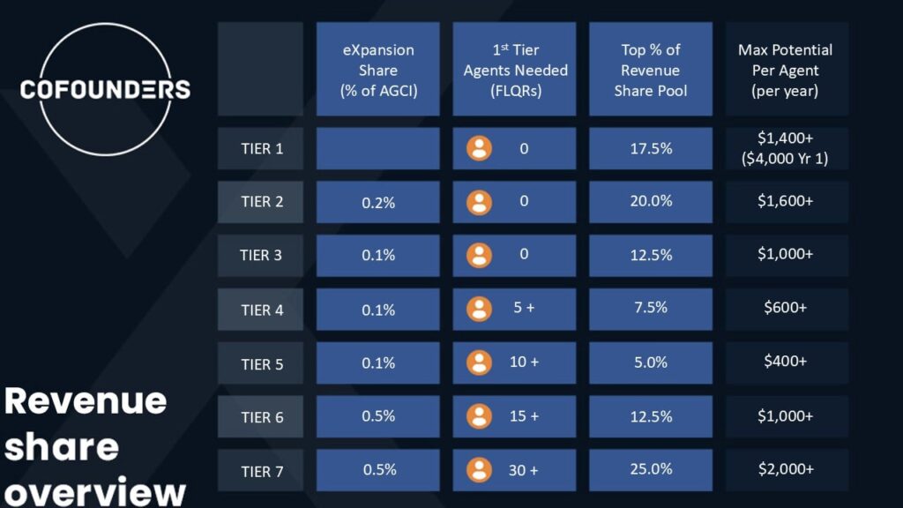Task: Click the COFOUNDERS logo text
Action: click(x=105, y=89)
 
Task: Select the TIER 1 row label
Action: click(x=262, y=148)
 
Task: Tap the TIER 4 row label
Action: click(x=262, y=310)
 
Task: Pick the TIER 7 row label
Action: click(x=262, y=471)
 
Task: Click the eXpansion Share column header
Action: click(x=377, y=70)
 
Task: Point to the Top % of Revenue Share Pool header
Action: click(x=650, y=70)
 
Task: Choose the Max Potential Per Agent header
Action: click(x=785, y=70)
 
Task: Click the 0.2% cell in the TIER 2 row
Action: click(x=377, y=202)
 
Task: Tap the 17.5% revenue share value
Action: click(x=651, y=148)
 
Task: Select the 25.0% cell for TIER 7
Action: click(x=651, y=469)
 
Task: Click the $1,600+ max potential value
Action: click(x=785, y=201)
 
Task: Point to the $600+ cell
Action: click(x=785, y=308)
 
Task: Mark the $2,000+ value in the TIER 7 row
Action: click(x=785, y=469)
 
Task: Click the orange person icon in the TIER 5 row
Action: click(x=479, y=362)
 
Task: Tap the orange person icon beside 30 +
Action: click(x=479, y=470)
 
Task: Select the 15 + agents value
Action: click(x=524, y=416)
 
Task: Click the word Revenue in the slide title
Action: click(x=86, y=400)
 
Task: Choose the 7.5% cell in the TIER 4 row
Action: click(x=651, y=308)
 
